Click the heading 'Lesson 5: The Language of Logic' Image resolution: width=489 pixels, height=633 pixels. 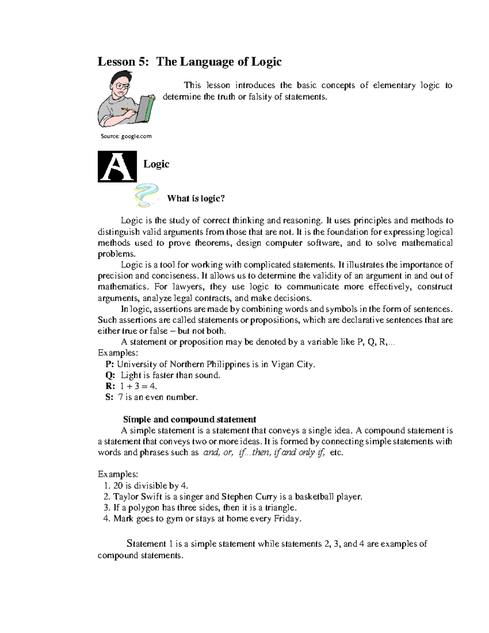[189, 62]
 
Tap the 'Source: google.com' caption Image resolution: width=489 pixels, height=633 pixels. [126, 136]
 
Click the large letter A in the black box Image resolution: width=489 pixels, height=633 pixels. [117, 167]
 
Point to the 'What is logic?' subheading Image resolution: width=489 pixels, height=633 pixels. [196, 199]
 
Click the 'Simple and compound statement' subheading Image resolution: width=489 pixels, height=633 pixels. [189, 419]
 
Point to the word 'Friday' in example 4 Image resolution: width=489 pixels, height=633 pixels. [287, 519]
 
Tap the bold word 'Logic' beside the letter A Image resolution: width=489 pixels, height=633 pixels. [156, 164]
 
